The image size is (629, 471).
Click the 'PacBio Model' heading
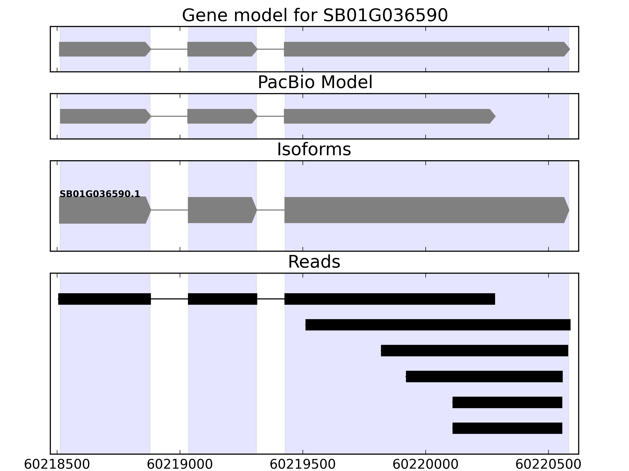pyautogui.click(x=315, y=82)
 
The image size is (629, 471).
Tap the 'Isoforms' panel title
pyautogui.click(x=314, y=149)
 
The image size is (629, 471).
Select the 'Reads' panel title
pyautogui.click(x=314, y=262)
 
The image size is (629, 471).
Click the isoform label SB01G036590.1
pyautogui.click(x=100, y=194)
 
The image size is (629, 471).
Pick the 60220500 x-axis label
pyautogui.click(x=548, y=465)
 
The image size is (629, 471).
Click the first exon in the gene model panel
pyautogui.click(x=105, y=49)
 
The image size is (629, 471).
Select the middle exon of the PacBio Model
pyautogui.click(x=222, y=116)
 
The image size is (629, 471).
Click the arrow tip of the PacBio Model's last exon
pyautogui.click(x=496, y=116)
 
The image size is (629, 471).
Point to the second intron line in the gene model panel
pyautogui.click(x=271, y=49)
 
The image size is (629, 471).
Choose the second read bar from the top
pyautogui.click(x=438, y=325)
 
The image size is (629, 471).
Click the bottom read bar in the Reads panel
pyautogui.click(x=507, y=428)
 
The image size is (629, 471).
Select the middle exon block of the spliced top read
pyautogui.click(x=223, y=299)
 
